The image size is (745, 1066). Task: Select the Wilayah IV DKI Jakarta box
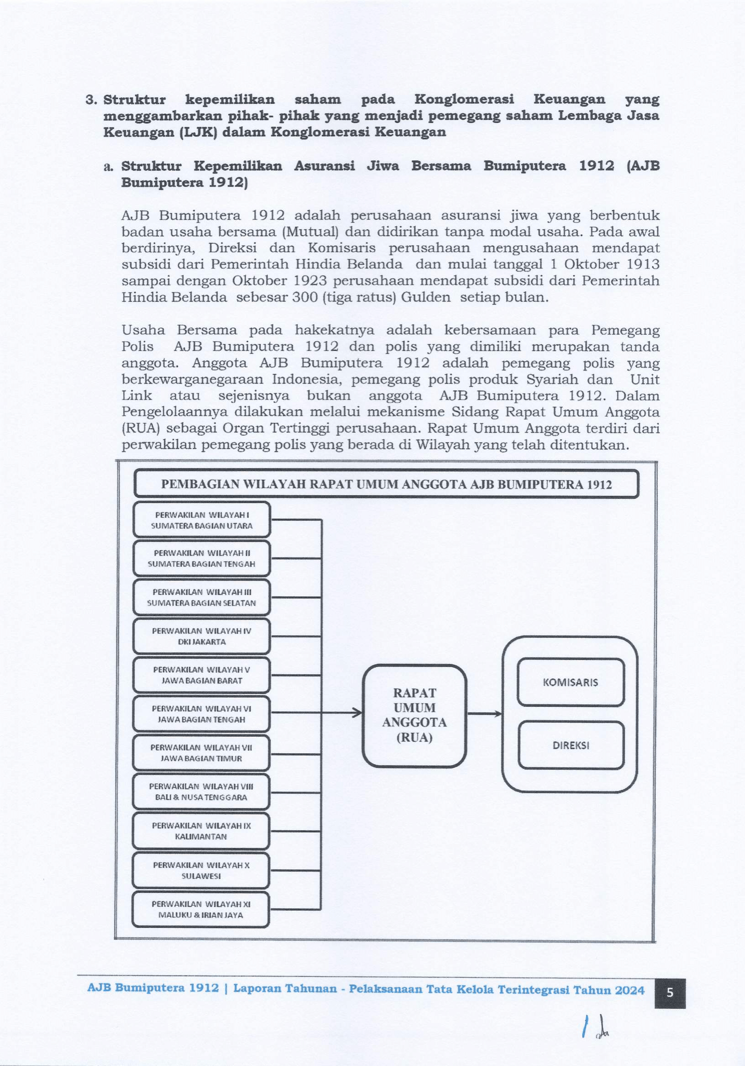[x=201, y=636]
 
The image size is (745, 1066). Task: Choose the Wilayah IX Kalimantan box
[x=201, y=831]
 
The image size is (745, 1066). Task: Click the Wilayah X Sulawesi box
[x=201, y=871]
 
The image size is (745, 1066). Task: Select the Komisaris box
[x=571, y=682]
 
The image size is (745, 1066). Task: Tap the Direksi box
[x=571, y=745]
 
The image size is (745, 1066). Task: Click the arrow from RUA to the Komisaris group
[x=484, y=713]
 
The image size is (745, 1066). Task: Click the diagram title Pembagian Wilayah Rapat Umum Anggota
[x=386, y=484]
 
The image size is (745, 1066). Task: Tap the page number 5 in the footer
[x=670, y=992]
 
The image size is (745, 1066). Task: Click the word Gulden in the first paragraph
[x=426, y=297]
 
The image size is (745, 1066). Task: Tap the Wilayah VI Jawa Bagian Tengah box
[x=201, y=714]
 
